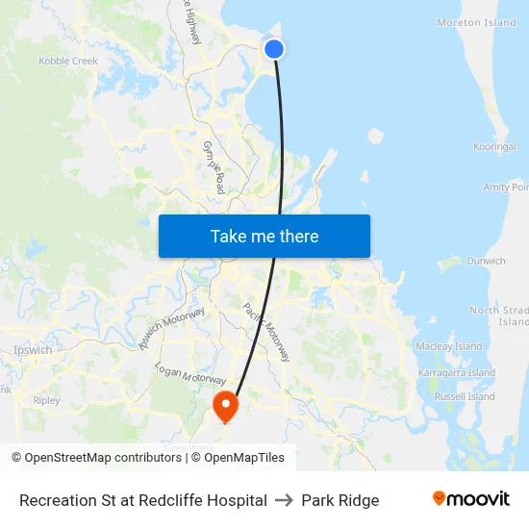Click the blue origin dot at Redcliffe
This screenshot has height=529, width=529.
(x=274, y=48)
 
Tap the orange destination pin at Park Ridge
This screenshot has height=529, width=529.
(x=225, y=405)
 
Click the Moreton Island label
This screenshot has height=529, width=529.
(x=476, y=23)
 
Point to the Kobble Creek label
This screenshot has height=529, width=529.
(x=68, y=61)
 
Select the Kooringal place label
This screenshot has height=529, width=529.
(x=495, y=147)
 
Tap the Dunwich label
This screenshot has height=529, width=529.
(x=486, y=261)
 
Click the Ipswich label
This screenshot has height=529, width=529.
(x=34, y=350)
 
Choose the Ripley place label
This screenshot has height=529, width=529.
(x=46, y=400)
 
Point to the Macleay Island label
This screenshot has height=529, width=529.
(x=448, y=346)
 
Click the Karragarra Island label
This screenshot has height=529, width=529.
(x=457, y=372)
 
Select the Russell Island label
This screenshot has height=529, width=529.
(x=464, y=396)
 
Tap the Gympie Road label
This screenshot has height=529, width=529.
(x=214, y=166)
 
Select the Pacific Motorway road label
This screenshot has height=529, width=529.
(x=266, y=332)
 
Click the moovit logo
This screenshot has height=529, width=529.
(x=470, y=499)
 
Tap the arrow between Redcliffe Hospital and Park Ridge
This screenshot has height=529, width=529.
(x=284, y=500)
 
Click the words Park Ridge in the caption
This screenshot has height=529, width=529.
(x=340, y=500)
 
